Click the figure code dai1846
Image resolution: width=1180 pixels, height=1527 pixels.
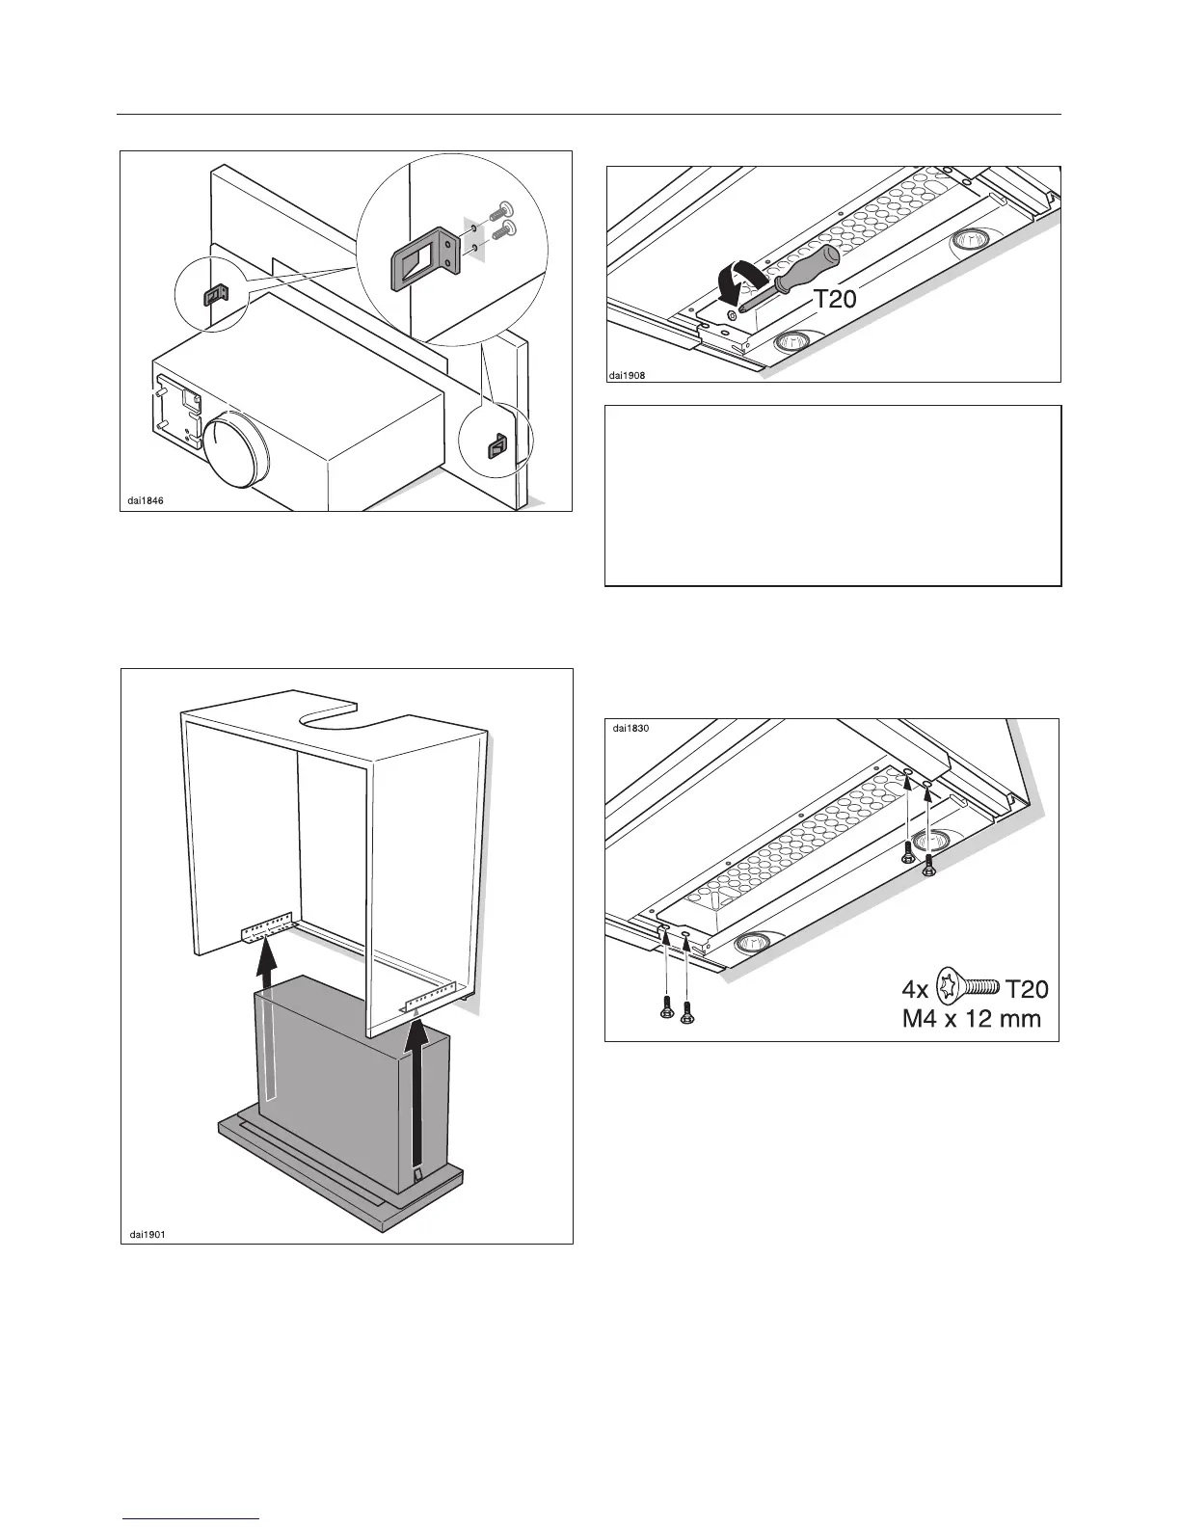click(146, 499)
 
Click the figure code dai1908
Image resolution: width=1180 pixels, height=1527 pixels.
click(626, 375)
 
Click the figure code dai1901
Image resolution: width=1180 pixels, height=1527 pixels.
click(147, 1232)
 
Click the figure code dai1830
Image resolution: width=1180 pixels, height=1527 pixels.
click(631, 729)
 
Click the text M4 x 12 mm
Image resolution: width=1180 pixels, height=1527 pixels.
click(971, 1017)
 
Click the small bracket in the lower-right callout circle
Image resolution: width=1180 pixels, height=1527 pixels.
click(496, 446)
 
